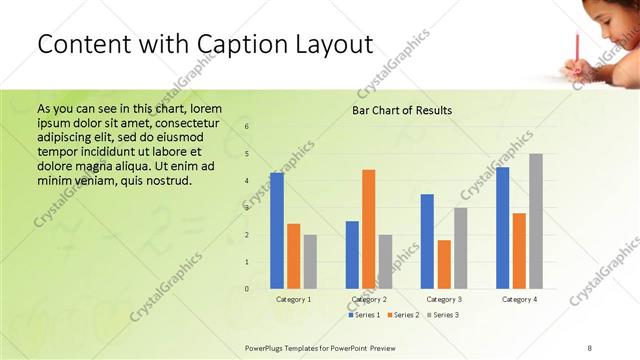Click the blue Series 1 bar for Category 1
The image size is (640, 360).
[277, 231]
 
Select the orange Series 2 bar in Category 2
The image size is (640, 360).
[369, 229]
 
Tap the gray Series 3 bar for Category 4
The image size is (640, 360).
[536, 221]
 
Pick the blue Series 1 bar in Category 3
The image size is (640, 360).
[427, 241]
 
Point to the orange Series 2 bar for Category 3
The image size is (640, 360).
[444, 264]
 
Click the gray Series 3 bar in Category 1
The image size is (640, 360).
[310, 262]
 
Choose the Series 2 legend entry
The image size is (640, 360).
[402, 314]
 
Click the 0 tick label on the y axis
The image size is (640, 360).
[247, 289]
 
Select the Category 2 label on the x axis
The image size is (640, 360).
[369, 299]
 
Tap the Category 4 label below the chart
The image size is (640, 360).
[519, 299]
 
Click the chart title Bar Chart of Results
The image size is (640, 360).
[402, 110]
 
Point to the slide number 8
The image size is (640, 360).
[590, 346]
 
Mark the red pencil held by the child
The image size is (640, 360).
[577, 47]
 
